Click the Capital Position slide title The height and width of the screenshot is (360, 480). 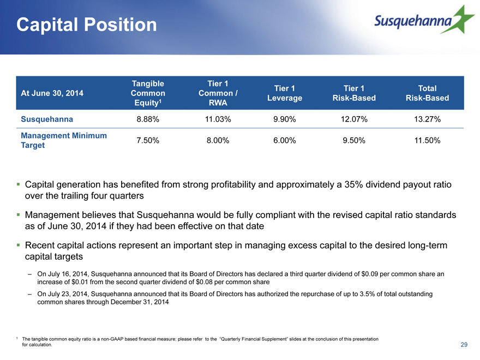click(86, 25)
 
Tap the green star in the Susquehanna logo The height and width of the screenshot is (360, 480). click(460, 20)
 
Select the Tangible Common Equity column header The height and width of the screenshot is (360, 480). click(148, 93)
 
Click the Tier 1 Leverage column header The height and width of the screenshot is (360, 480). click(285, 93)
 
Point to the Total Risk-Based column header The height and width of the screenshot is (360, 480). click(427, 93)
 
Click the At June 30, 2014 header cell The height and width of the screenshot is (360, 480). click(52, 93)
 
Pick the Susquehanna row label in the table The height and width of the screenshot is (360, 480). click(47, 119)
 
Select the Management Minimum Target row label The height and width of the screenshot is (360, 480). click(64, 140)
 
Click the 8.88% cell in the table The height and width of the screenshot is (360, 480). click(148, 119)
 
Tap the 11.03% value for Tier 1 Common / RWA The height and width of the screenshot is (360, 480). click(218, 119)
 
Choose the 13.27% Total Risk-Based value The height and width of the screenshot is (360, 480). click(427, 119)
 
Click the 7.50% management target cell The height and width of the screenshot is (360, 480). click(148, 141)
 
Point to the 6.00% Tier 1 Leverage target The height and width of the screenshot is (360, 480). click(285, 141)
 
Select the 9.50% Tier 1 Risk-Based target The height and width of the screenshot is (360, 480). click(354, 141)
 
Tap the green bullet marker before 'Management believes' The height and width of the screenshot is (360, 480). click(19, 214)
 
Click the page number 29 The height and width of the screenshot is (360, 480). click(464, 345)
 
